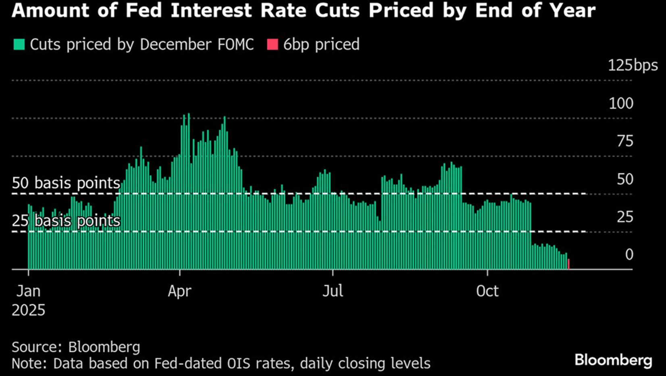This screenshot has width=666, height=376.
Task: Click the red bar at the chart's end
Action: tap(568, 264)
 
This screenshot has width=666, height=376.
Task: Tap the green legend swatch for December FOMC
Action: tap(19, 44)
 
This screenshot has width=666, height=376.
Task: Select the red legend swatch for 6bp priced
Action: tap(273, 44)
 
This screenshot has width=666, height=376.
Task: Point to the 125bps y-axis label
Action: tap(633, 65)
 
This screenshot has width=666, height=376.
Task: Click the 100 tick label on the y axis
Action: tap(621, 104)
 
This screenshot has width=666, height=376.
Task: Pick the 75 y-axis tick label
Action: tap(625, 141)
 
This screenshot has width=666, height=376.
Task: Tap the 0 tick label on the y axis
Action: tap(629, 254)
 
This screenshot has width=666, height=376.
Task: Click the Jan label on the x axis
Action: tap(28, 291)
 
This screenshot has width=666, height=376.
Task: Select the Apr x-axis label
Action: tap(179, 291)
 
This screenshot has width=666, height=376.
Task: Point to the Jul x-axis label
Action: tap(333, 291)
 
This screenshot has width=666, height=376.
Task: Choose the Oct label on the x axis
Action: tap(487, 291)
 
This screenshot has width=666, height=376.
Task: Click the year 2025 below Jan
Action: tap(28, 310)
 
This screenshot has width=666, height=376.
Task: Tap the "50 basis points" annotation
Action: tap(66, 183)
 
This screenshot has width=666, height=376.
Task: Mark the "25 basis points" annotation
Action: tap(66, 221)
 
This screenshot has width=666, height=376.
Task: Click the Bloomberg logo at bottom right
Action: tap(613, 360)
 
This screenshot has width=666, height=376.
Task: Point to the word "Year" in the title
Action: tap(574, 10)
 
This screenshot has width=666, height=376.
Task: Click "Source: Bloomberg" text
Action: tap(76, 347)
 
